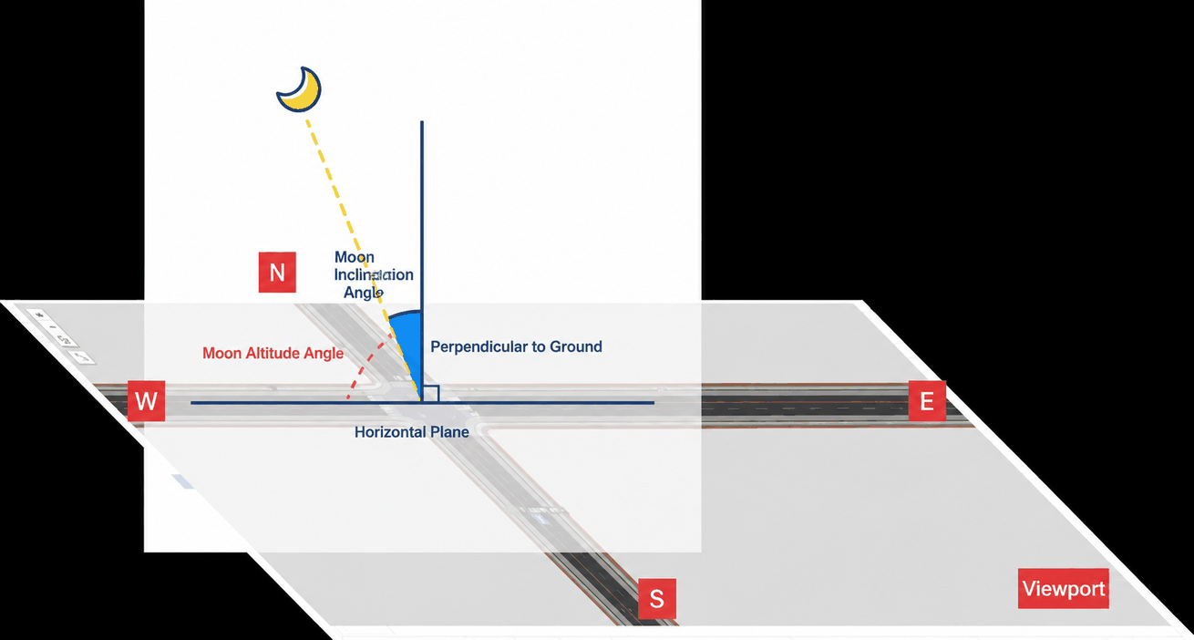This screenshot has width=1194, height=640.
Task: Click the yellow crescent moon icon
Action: point(300,90)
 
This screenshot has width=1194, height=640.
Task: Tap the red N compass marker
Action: point(277,272)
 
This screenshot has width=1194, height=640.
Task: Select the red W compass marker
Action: point(146,400)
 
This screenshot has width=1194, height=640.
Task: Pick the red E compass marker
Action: point(927,400)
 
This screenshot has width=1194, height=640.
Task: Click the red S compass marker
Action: point(657,599)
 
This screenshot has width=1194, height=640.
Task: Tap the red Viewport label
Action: point(1064,589)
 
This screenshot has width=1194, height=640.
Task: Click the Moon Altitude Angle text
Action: point(273,353)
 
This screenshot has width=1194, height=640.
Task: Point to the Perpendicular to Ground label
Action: point(516,346)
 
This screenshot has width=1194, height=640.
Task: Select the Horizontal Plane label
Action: point(411,432)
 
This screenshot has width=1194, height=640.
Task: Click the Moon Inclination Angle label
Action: point(373,274)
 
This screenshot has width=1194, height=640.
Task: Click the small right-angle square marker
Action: point(431,394)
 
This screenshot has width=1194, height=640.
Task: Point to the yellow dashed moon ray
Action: point(363,260)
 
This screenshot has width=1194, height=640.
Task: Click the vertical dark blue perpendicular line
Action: point(422,262)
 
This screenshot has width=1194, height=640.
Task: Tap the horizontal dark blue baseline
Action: point(422,403)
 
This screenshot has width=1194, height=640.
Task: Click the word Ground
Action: point(576,346)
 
